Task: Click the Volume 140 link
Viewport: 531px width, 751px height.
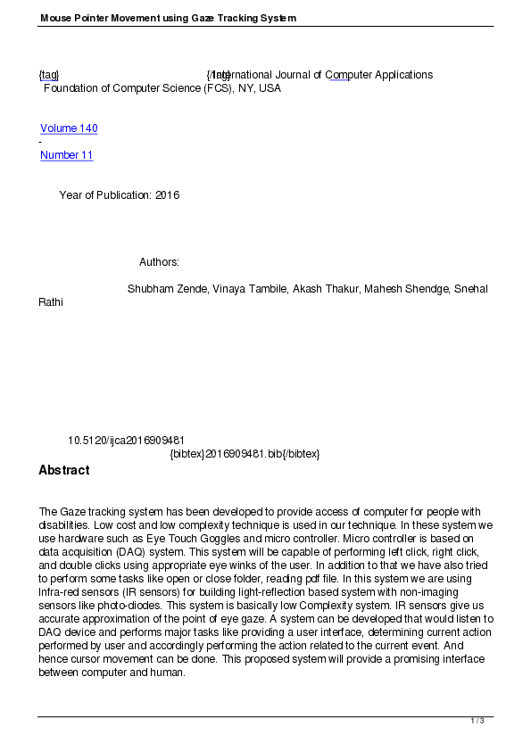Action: [69, 128]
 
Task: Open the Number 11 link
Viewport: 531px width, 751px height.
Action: [66, 155]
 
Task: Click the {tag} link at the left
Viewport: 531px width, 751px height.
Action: [48, 75]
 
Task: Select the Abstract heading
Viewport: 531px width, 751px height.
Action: [63, 470]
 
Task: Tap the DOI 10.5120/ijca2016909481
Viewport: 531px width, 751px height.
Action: [126, 441]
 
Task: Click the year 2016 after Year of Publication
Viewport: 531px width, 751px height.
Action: [167, 195]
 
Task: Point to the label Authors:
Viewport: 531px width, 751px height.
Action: [159, 262]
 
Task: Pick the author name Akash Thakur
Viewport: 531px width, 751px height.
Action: [319, 289]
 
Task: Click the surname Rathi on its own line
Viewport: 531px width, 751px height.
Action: [51, 302]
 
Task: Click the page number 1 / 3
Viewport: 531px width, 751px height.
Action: [477, 721]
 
